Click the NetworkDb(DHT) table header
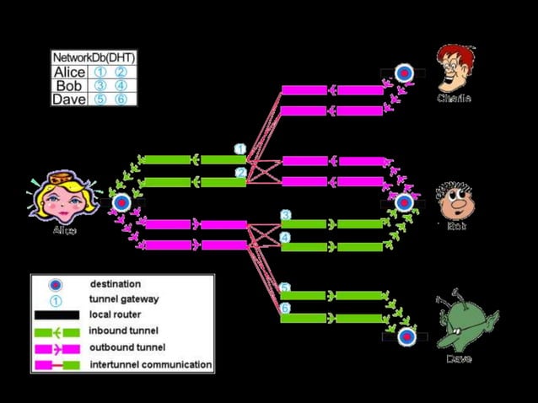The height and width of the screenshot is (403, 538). click(94, 58)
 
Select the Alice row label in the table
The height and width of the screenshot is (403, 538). click(69, 73)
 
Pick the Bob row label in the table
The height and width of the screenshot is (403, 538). click(69, 86)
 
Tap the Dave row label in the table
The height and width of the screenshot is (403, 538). click(69, 99)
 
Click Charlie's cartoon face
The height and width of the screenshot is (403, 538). click(455, 67)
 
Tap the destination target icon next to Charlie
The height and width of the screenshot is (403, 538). click(404, 73)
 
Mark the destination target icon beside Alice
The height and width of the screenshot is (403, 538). click(121, 202)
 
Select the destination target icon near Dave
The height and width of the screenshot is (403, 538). click(406, 337)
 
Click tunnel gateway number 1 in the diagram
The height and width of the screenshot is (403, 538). click(240, 149)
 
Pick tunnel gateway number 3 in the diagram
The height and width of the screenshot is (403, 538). click(286, 216)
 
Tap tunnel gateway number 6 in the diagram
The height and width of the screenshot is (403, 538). click(286, 309)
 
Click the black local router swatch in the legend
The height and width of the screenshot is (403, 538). click(56, 315)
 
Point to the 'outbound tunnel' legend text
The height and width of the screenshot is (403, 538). click(126, 347)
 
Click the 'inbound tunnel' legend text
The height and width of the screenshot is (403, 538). click(123, 331)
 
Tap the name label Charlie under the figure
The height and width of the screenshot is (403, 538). click(454, 99)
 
